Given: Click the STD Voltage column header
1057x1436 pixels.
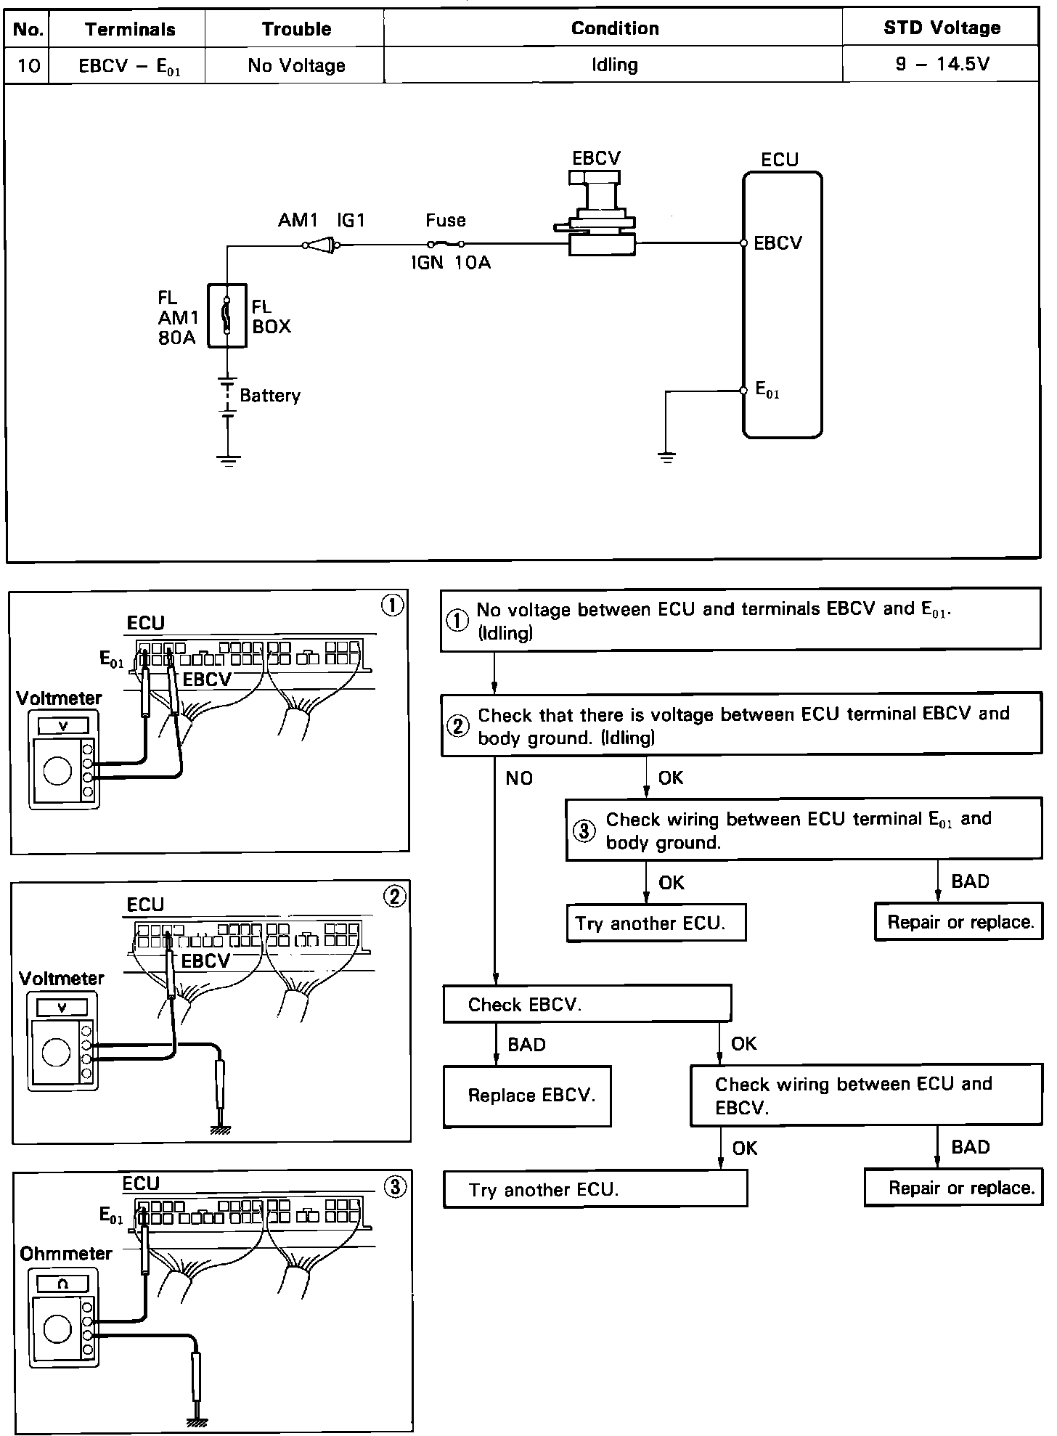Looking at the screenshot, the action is coord(942,28).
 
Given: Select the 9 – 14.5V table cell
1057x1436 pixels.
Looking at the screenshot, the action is coord(942,65).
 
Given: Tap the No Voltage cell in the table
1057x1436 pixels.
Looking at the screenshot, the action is coord(296,65).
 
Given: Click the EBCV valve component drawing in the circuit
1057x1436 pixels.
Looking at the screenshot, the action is coord(596,212).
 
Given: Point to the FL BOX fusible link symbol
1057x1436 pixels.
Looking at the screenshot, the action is coord(227,315).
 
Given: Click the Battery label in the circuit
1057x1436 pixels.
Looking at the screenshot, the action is coord(269,396).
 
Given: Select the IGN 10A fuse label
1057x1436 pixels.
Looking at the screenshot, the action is coord(451,263).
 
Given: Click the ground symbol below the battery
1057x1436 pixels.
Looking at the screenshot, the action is coord(229,460).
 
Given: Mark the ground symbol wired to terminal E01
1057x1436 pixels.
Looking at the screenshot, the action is coord(666,458).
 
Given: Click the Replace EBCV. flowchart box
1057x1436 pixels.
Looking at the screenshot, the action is coord(527,1096).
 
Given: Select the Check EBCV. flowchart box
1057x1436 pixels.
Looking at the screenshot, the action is coord(587,1004).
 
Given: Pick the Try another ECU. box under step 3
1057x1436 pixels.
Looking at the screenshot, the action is coord(656,923).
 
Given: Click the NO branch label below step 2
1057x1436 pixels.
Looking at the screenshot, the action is coord(519,778).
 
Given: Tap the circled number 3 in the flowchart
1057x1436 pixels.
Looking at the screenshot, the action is coord(584,831).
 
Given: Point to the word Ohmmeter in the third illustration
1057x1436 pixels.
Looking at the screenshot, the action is coord(66,1254).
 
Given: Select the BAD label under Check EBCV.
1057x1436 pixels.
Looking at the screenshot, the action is coord(527,1045).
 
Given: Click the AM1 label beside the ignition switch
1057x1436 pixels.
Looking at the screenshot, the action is coord(299,220).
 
